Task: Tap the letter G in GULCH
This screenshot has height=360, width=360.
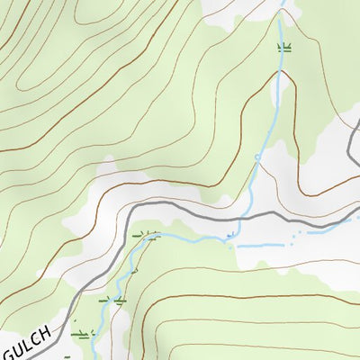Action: [x=9, y=353]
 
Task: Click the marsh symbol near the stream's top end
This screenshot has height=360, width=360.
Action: [x=284, y=46]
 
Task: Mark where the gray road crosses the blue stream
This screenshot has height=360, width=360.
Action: [x=241, y=217]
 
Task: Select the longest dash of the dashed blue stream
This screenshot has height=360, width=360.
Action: [x=261, y=244]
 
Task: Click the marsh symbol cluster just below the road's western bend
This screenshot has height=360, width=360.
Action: [x=146, y=236]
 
